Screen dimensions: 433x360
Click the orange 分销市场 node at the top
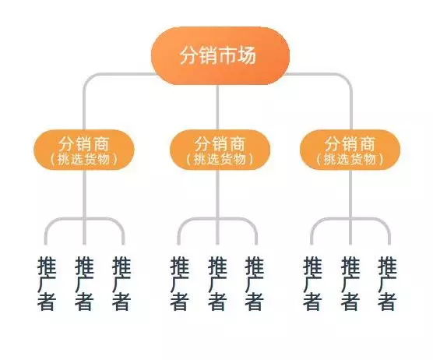pyautogui.click(x=220, y=55)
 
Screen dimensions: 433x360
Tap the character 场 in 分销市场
pyautogui.click(x=247, y=55)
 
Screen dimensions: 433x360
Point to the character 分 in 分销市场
pyautogui.click(x=189, y=55)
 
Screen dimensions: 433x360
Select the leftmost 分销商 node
pyautogui.click(x=84, y=150)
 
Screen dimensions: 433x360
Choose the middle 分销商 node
pyautogui.click(x=220, y=150)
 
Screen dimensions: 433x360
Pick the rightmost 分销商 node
pyautogui.click(x=350, y=150)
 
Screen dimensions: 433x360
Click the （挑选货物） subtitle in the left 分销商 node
pyautogui.click(x=84, y=159)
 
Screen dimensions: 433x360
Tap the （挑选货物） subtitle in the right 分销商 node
pyautogui.click(x=350, y=159)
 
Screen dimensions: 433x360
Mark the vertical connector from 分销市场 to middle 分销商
pyautogui.click(x=217, y=108)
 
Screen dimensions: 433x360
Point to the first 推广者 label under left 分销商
pyautogui.click(x=47, y=283)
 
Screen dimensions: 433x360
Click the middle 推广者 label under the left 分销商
pyautogui.click(x=84, y=283)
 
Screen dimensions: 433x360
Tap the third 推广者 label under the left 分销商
pyautogui.click(x=121, y=283)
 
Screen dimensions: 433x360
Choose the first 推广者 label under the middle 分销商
pyautogui.click(x=179, y=283)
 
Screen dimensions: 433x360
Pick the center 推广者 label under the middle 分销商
pyautogui.click(x=217, y=283)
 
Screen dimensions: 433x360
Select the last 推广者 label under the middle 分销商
pyautogui.click(x=255, y=283)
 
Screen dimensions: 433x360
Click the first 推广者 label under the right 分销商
pyautogui.click(x=312, y=283)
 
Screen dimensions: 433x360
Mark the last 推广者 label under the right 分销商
pyautogui.click(x=387, y=283)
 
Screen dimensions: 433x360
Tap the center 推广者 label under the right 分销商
pyautogui.click(x=350, y=283)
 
